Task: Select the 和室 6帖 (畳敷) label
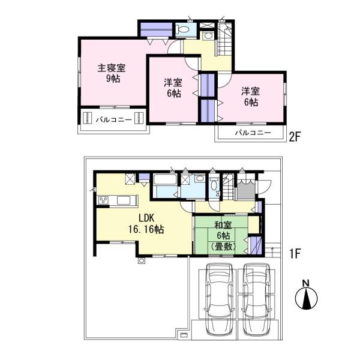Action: click(x=221, y=235)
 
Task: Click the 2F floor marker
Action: click(x=294, y=136)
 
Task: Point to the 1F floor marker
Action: click(x=294, y=254)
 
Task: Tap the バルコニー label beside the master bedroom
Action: click(x=113, y=119)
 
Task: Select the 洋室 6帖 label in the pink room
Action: click(x=251, y=97)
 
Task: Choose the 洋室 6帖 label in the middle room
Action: click(x=173, y=88)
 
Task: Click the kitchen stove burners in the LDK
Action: click(x=103, y=200)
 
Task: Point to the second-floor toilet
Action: click(x=185, y=30)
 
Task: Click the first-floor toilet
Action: click(x=215, y=185)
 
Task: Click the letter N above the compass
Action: click(x=305, y=283)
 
